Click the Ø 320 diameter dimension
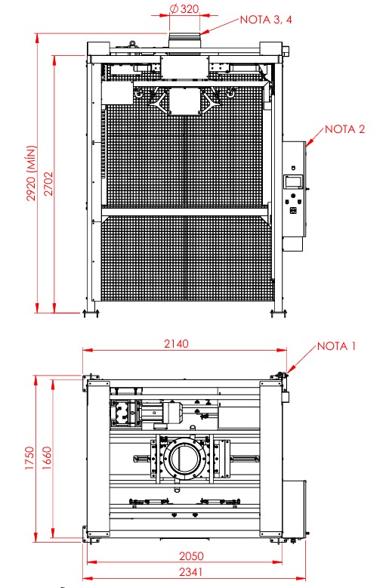point(184,9)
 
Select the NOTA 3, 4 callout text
point(266,20)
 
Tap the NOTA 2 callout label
point(344,129)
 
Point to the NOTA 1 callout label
point(336,346)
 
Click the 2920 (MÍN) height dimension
point(32,173)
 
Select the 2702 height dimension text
point(48,184)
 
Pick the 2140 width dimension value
point(176,343)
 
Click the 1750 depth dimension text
point(29,458)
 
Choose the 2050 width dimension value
point(191,556)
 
